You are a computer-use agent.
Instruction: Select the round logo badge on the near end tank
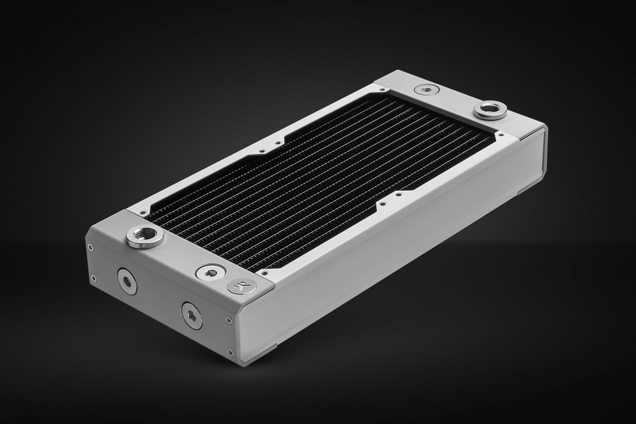pyautogui.click(x=236, y=286)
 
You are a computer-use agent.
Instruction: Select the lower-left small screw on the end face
pyautogui.click(x=93, y=276)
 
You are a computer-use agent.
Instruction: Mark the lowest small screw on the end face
pyautogui.click(x=230, y=351)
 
